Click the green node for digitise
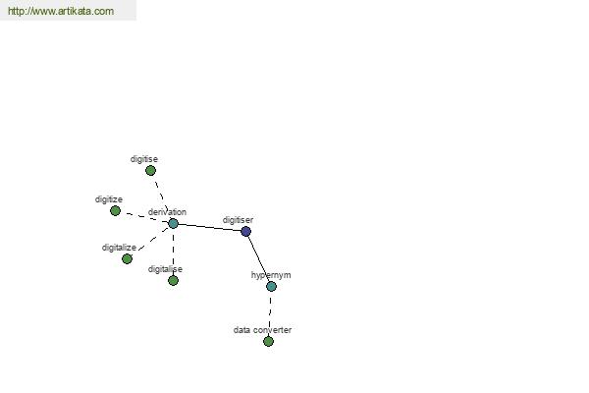[150, 171]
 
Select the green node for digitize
[115, 210]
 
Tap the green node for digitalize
[127, 258]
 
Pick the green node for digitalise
[173, 280]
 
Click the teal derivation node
[173, 223]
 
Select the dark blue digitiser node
[245, 231]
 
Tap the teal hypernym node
[271, 286]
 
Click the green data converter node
[268, 342]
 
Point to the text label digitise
[144, 159]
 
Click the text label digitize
[109, 199]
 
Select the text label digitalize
[119, 248]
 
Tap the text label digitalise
[165, 269]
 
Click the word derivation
[167, 212]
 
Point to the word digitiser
[238, 220]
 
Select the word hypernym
[271, 275]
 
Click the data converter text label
[262, 330]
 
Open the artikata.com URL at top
[61, 11]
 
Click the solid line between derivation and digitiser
[209, 228]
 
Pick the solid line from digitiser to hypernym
[258, 258]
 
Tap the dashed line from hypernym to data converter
[270, 314]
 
